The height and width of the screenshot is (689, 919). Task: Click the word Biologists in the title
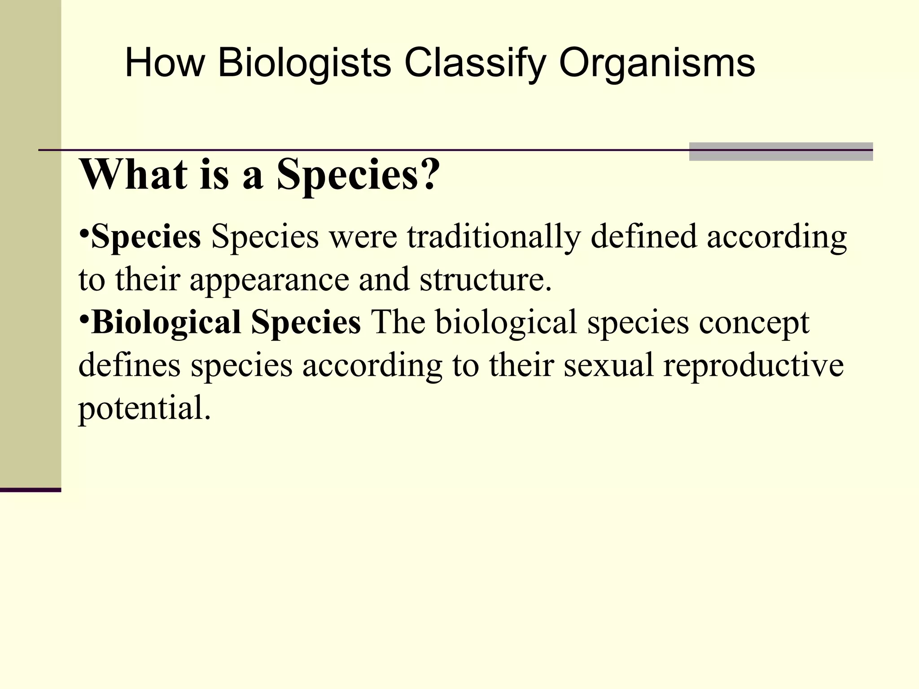tap(304, 63)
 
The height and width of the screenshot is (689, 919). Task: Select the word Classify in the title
tap(475, 63)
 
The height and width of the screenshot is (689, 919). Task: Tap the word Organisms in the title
tap(657, 63)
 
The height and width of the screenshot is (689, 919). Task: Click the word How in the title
tap(165, 63)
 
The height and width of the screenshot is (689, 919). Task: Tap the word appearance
tap(269, 279)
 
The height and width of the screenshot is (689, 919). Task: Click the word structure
tap(485, 279)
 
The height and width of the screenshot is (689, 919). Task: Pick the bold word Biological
tap(166, 322)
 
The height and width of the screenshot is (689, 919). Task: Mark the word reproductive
tap(753, 365)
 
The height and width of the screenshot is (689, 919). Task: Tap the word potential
tap(144, 408)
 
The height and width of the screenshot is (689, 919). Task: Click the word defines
tap(129, 365)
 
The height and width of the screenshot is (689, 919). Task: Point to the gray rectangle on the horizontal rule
tap(781, 152)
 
